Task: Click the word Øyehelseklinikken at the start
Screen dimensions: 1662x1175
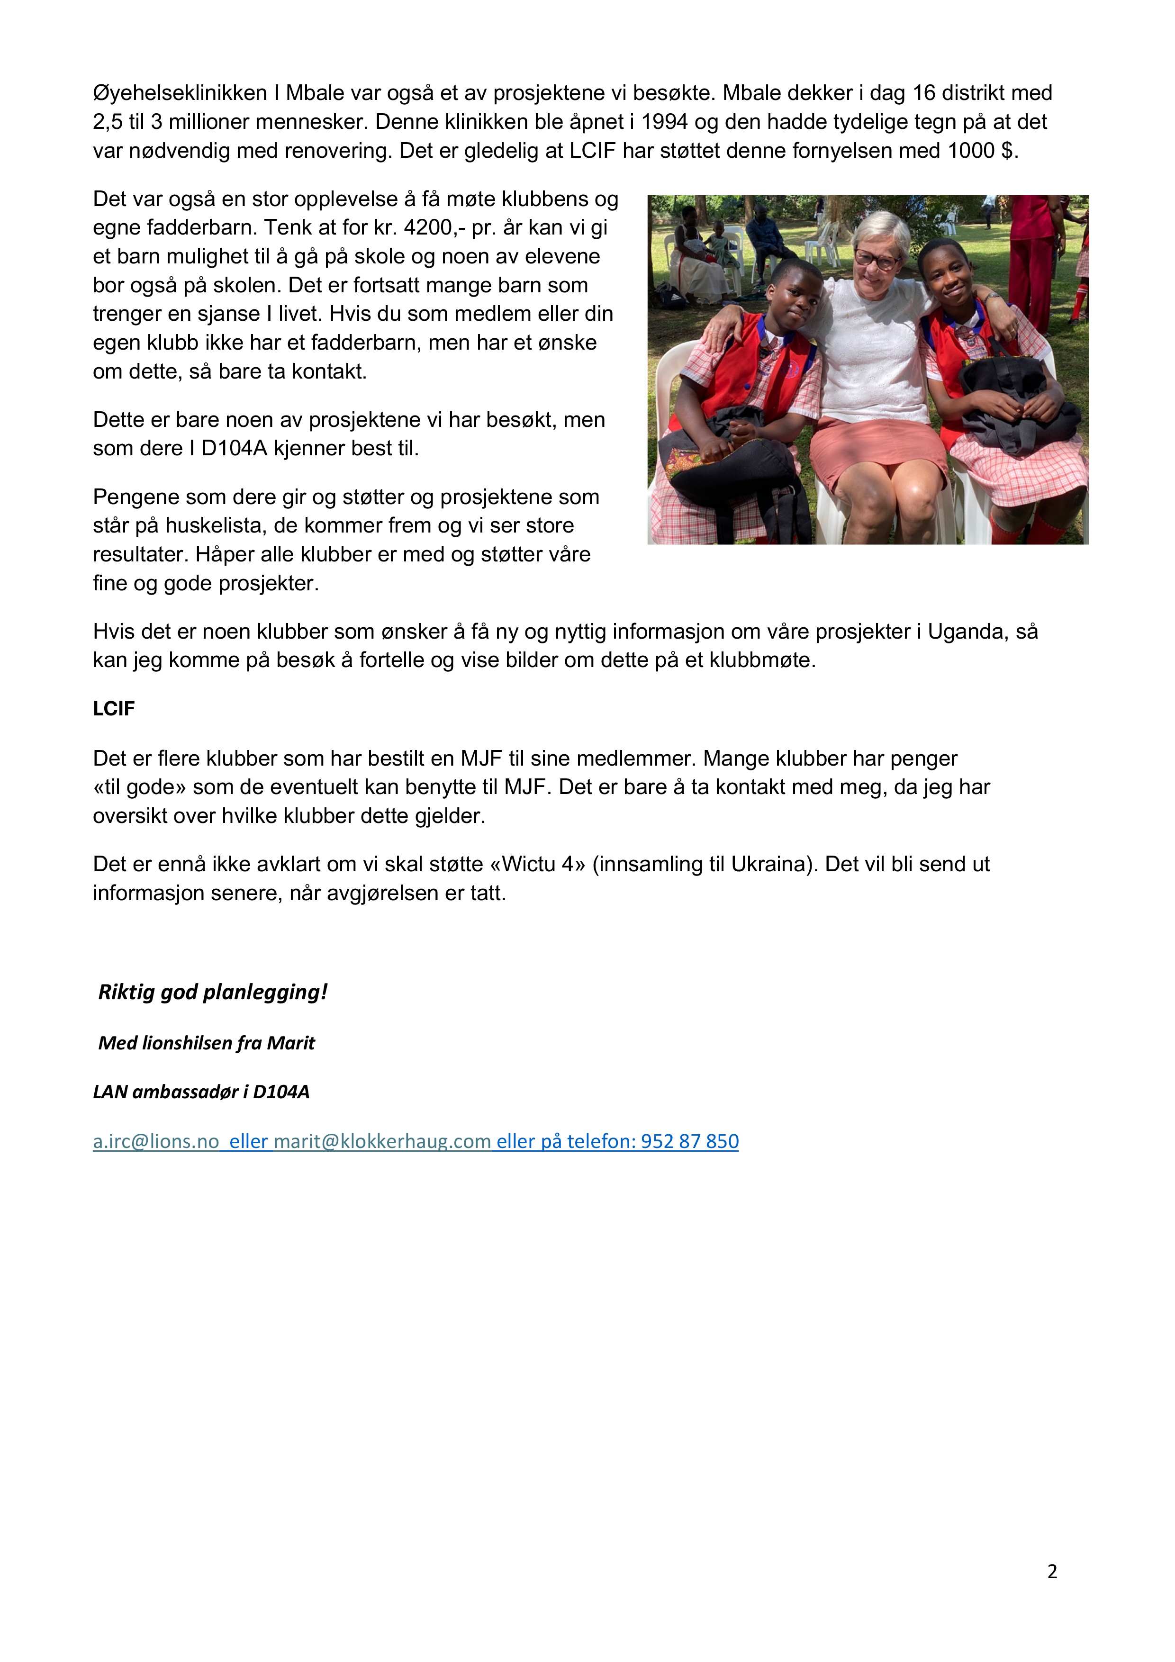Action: tap(180, 93)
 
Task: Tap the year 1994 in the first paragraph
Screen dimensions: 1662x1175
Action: tap(664, 122)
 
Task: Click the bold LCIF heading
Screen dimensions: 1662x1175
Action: tap(114, 709)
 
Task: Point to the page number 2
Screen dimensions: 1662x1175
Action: tap(1052, 1572)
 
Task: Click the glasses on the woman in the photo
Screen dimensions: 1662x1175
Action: tap(877, 258)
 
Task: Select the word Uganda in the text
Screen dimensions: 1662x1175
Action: tap(967, 632)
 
